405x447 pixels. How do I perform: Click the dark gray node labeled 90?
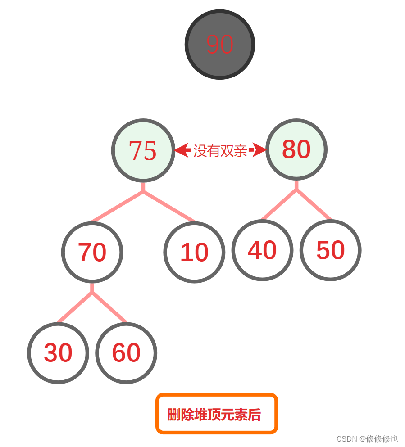coord(220,45)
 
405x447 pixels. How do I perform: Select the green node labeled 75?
coord(143,150)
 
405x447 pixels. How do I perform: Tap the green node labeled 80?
coord(296,149)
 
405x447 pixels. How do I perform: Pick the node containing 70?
coord(92,252)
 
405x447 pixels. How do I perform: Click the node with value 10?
coord(194,252)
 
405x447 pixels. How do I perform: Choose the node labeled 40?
coord(262,250)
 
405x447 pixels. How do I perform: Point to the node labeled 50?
coord(331,250)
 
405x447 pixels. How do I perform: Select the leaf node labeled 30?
coord(58,353)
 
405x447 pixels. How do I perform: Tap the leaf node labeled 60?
coord(126,353)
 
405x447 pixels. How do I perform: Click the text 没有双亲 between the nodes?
coord(220,151)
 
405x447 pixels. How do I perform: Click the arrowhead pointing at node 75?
coord(182,150)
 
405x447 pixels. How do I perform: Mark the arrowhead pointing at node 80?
coord(259,150)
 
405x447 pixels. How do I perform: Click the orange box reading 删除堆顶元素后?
coord(217,414)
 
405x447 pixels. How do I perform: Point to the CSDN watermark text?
coord(367,438)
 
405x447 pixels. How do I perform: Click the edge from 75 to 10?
coord(169,207)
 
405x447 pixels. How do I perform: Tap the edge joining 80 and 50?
coord(314,204)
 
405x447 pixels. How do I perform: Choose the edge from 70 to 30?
coord(75,307)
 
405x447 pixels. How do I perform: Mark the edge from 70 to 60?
coord(109,307)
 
